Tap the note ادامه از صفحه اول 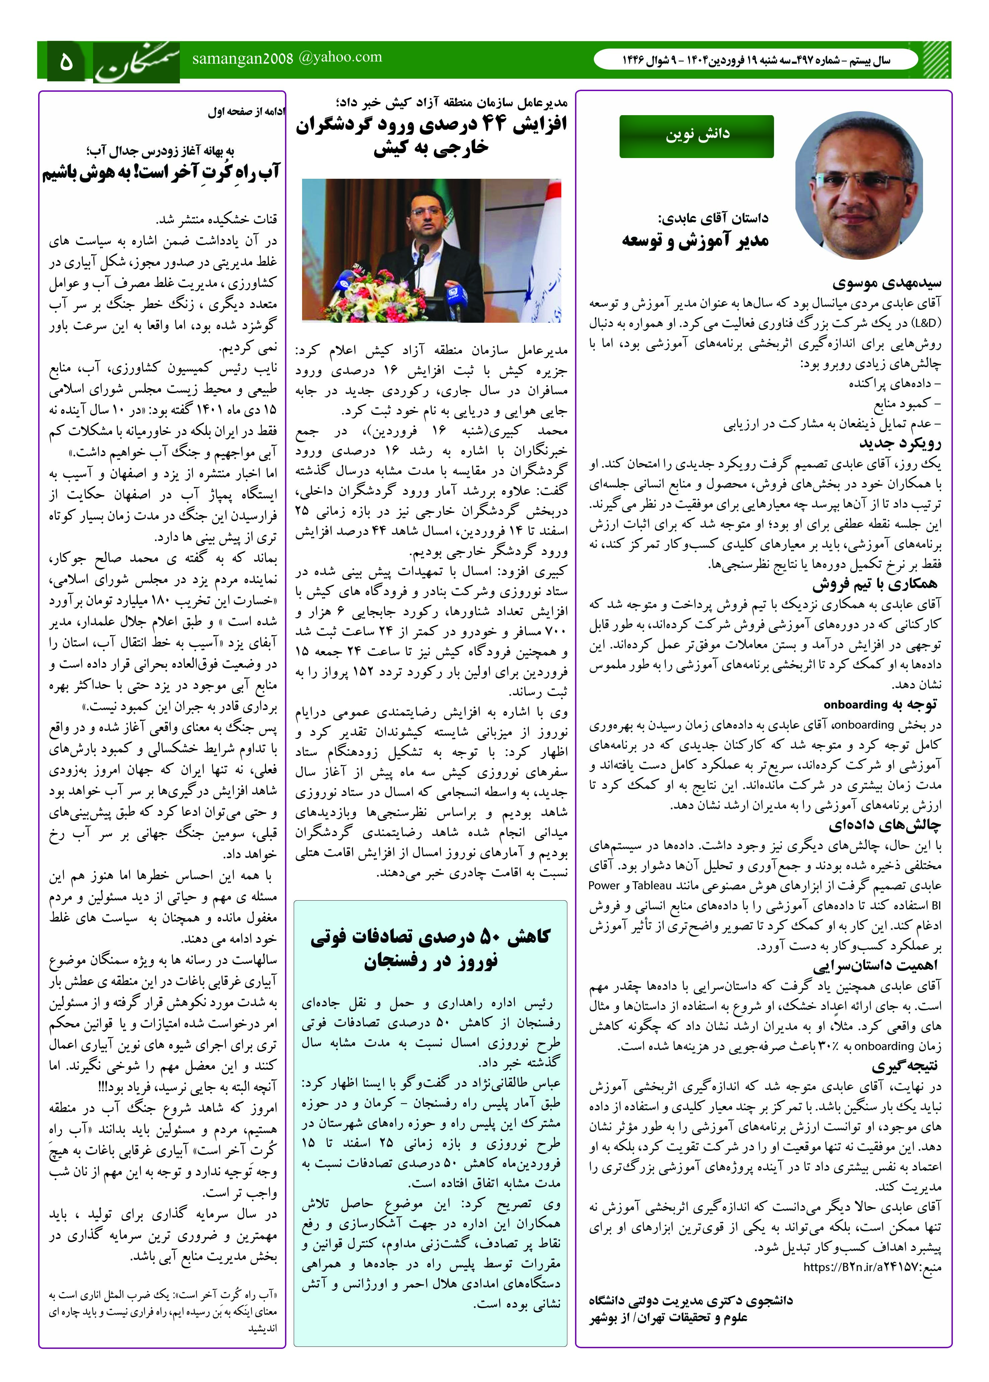point(246,112)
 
